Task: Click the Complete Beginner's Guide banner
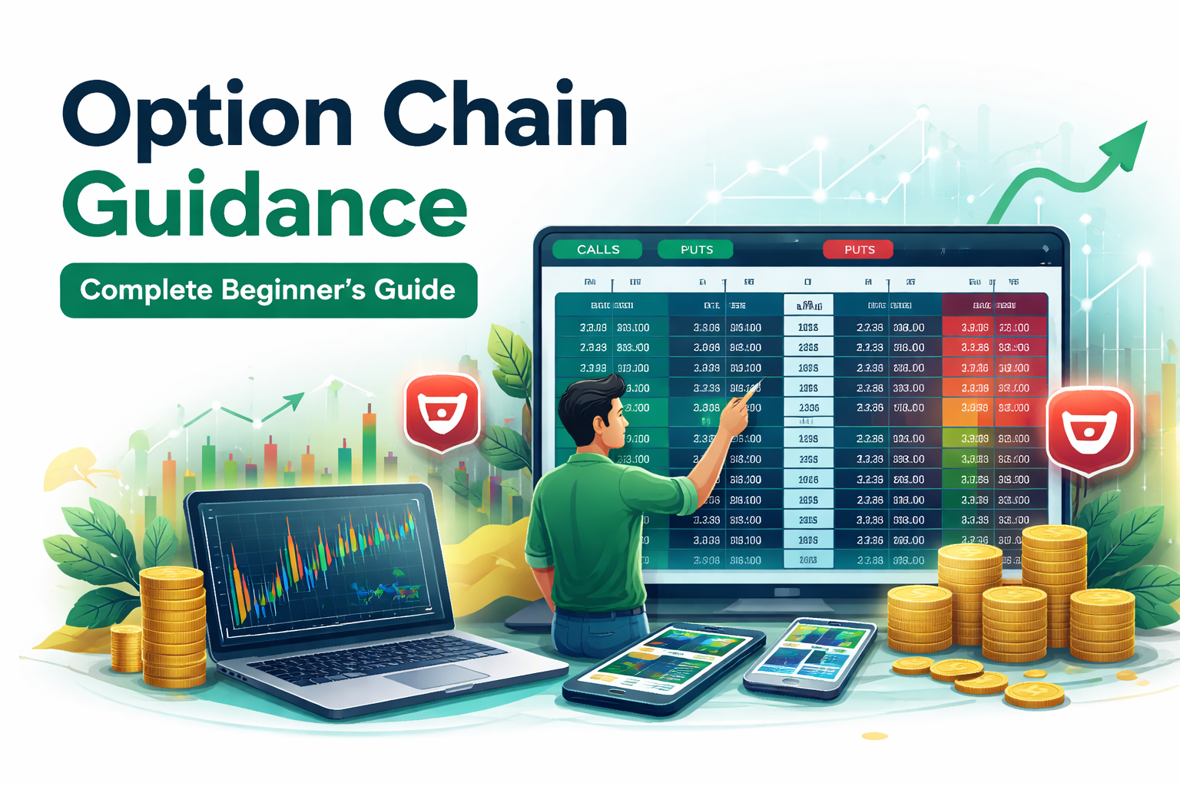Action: [268, 290]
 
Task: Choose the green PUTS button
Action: [696, 249]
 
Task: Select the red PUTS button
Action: [859, 249]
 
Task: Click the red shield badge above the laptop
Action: [442, 411]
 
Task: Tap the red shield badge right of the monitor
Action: [1089, 430]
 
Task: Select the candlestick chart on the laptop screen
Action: [323, 560]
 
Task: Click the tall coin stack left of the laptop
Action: [173, 626]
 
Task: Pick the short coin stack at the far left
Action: [126, 649]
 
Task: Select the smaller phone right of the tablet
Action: [810, 656]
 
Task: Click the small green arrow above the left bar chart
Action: [288, 401]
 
